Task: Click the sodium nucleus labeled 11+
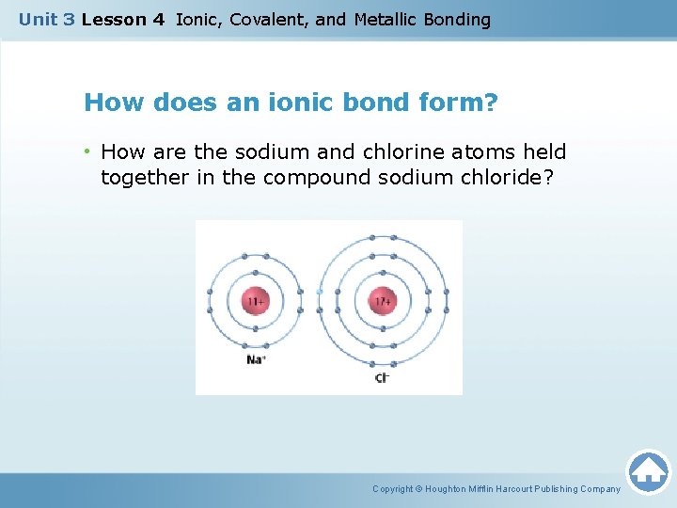255,302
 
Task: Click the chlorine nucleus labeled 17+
382,302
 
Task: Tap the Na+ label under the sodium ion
255,359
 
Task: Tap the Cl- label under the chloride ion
382,377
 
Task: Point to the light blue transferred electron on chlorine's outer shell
320,292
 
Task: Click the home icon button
648,471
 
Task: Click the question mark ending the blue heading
491,102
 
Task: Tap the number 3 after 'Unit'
70,20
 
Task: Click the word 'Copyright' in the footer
392,489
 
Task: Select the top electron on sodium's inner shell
255,277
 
